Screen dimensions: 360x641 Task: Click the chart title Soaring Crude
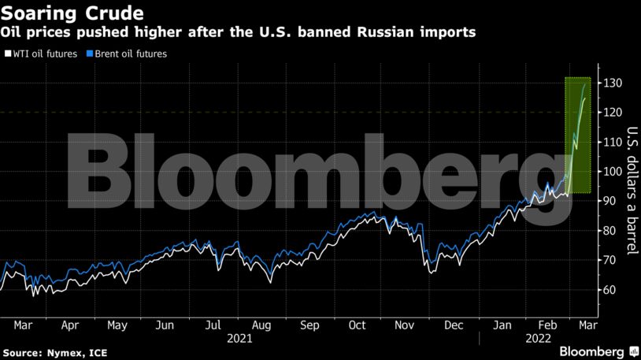[x=72, y=13]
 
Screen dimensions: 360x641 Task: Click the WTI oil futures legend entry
[x=35, y=54]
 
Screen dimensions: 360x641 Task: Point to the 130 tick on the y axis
[x=613, y=83]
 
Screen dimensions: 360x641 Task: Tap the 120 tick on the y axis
[x=613, y=113]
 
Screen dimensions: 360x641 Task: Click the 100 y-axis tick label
[x=613, y=172]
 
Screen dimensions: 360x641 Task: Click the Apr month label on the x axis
[x=69, y=325]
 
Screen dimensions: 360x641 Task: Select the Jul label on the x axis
[x=213, y=325]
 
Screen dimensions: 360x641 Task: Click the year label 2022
[x=527, y=338]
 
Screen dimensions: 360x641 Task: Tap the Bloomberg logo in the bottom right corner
[x=592, y=350]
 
